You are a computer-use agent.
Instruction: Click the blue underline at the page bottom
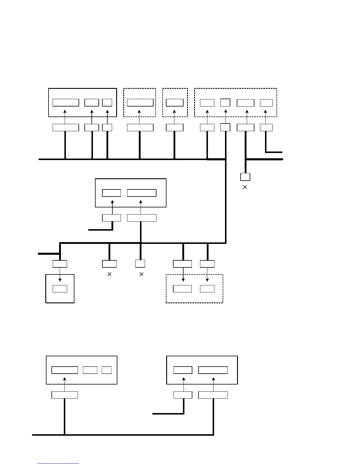click(58, 463)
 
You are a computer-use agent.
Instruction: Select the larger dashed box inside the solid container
click(90, 370)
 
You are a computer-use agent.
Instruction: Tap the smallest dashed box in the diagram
click(106, 370)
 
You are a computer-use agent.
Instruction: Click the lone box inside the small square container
click(60, 289)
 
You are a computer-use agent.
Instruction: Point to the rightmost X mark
click(245, 187)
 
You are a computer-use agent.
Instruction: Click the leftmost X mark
click(109, 274)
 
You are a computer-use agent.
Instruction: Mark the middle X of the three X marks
click(141, 274)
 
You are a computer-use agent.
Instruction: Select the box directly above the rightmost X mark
click(245, 177)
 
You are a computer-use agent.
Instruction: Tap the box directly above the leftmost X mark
click(109, 264)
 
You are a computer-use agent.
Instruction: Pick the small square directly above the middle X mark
click(140, 264)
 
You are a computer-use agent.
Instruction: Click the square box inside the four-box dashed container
click(225, 102)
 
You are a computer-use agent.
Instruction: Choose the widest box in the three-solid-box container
click(66, 102)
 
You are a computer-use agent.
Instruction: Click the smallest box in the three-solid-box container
click(107, 102)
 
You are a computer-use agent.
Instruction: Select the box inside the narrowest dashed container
click(175, 102)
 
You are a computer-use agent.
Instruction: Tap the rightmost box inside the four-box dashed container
click(266, 103)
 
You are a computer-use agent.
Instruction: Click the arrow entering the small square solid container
click(60, 274)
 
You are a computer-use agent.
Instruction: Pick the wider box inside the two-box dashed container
click(182, 289)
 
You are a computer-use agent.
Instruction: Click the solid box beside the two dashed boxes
click(65, 370)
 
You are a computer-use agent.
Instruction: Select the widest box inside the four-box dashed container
click(246, 103)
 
